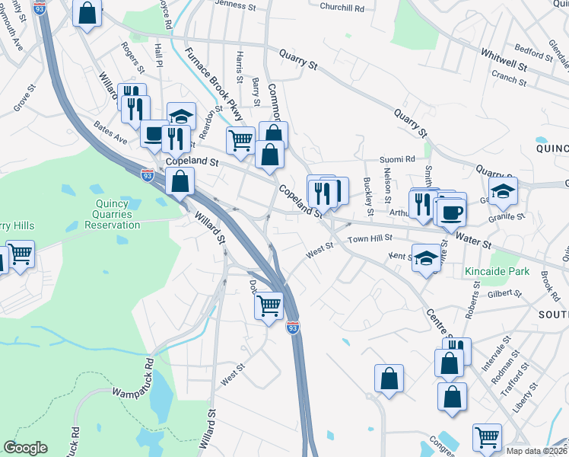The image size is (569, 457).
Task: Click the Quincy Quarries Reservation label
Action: [118, 214]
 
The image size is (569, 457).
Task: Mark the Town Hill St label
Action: [370, 238]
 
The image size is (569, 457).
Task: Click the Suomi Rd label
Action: [399, 160]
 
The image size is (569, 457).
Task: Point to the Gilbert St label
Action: [504, 293]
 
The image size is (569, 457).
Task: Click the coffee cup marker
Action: [451, 211]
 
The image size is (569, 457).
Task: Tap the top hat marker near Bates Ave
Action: [154, 134]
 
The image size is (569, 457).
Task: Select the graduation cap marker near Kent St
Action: [427, 257]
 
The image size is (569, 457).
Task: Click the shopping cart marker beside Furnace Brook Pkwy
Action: [240, 139]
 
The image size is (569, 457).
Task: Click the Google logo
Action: [25, 448]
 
